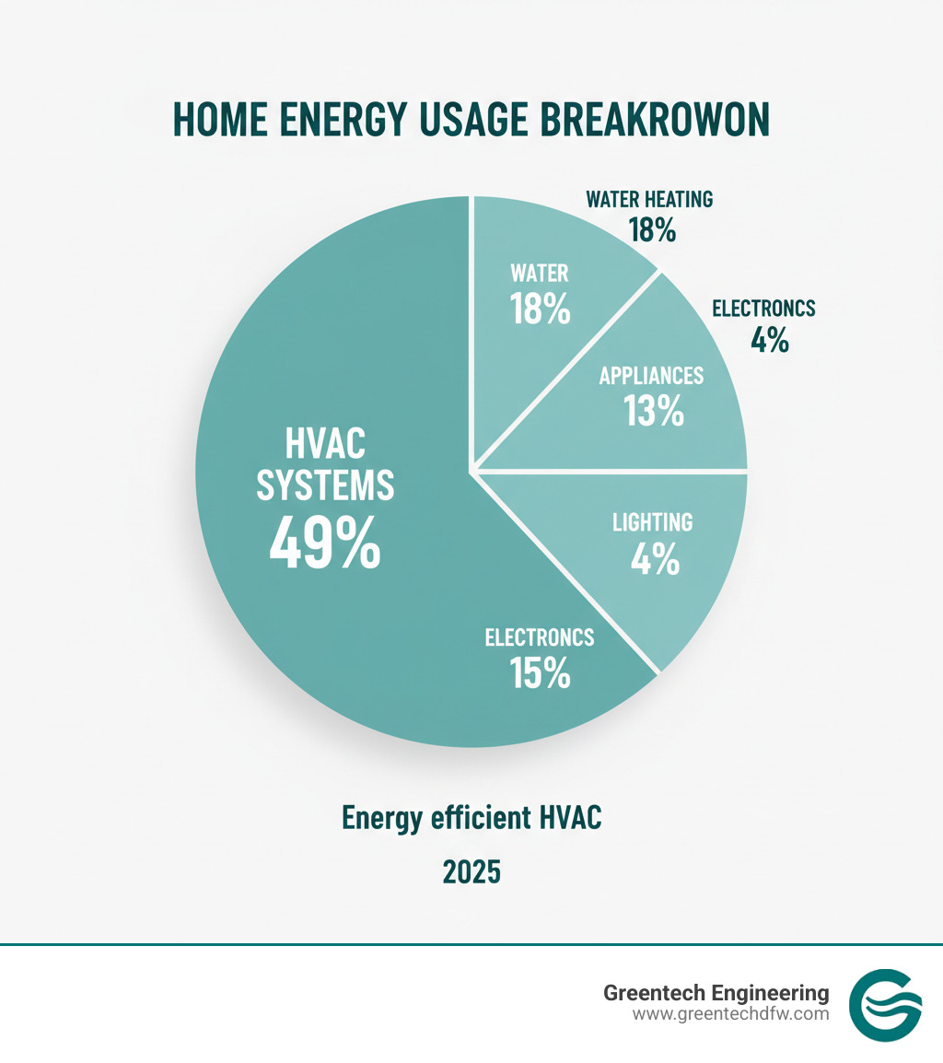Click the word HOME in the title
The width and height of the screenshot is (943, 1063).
pyautogui.click(x=220, y=120)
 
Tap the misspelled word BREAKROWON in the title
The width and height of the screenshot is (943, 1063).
pyautogui.click(x=655, y=120)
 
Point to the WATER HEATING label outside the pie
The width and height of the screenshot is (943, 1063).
pyautogui.click(x=649, y=199)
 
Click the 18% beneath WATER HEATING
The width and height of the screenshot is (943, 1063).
pyautogui.click(x=652, y=229)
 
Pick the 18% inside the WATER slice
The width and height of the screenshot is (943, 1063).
pyautogui.click(x=541, y=309)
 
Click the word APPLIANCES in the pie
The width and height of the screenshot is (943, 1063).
pyautogui.click(x=651, y=376)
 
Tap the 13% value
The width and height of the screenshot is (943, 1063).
pyautogui.click(x=654, y=411)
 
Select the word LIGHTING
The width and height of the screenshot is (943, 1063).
pyautogui.click(x=653, y=522)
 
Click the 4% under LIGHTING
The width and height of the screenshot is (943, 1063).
pyautogui.click(x=655, y=559)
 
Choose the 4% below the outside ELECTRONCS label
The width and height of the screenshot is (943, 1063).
pyautogui.click(x=770, y=339)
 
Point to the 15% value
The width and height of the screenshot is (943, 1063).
pyautogui.click(x=541, y=673)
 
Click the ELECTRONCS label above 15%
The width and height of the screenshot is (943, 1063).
pyautogui.click(x=540, y=637)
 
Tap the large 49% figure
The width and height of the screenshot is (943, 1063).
pyautogui.click(x=325, y=543)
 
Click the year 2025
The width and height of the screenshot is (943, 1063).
pyautogui.click(x=471, y=871)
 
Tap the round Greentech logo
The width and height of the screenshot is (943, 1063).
pyautogui.click(x=885, y=1005)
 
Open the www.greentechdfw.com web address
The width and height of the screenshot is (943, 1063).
pyautogui.click(x=731, y=1014)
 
